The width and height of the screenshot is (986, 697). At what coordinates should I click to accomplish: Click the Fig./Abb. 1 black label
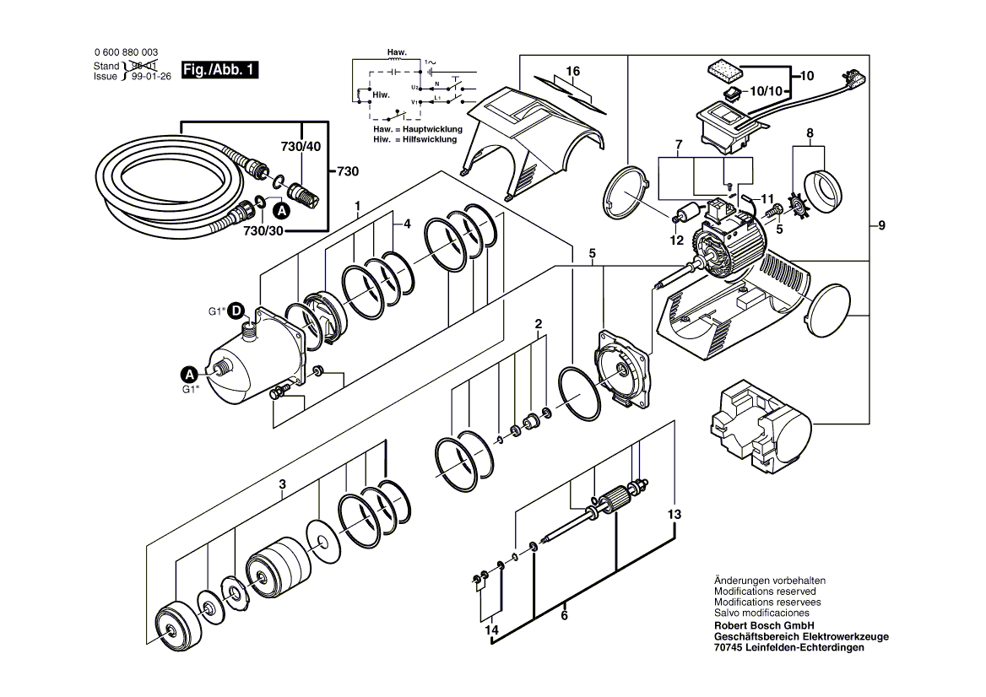219,71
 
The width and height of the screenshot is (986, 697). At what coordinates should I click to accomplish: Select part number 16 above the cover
573,72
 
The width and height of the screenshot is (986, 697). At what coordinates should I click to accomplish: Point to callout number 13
673,515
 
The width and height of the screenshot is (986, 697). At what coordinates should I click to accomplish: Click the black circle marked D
238,310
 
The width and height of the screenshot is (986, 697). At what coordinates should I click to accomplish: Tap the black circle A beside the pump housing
192,372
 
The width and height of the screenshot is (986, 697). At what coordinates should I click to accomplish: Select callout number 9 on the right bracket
881,225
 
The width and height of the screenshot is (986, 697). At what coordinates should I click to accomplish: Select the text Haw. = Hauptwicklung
417,129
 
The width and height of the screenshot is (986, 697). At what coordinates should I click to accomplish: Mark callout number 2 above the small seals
538,324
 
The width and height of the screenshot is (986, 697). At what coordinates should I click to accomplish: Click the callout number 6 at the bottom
563,616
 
